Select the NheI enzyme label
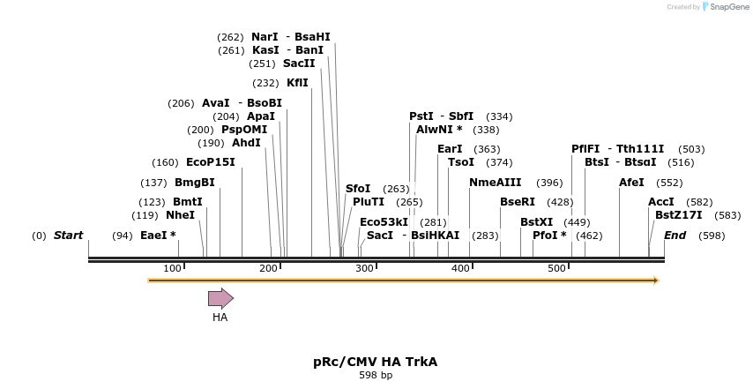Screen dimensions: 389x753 (180, 215)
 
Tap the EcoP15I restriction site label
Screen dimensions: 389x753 (210, 162)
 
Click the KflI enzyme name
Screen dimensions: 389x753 (297, 83)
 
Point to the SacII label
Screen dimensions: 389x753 (299, 64)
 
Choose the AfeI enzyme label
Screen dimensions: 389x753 (631, 183)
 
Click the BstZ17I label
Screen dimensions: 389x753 (678, 215)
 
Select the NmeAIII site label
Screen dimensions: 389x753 (495, 183)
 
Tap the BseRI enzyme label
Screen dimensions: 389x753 (518, 202)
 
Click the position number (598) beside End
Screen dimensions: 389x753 (712, 236)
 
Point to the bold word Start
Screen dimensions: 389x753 (68, 236)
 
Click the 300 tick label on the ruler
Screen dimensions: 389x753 (364, 268)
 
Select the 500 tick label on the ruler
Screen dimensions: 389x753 (556, 268)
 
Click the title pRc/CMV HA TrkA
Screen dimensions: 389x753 (375, 362)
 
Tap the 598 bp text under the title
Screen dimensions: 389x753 (376, 376)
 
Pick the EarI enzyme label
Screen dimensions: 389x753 (450, 149)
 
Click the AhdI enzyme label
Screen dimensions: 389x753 (246, 143)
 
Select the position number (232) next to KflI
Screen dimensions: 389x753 (265, 83)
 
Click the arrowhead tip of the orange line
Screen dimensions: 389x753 (656, 281)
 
